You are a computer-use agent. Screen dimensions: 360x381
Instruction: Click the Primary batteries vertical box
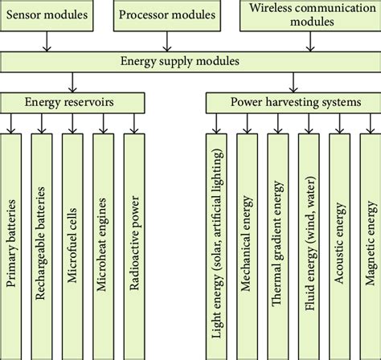[14, 241]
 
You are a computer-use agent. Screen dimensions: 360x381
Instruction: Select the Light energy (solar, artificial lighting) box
[217, 241]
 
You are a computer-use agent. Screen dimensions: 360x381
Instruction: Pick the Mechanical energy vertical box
[248, 241]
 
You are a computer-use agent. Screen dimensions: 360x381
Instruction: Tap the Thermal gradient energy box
[279, 241]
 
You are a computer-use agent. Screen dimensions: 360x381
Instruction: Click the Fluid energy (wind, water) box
[309, 241]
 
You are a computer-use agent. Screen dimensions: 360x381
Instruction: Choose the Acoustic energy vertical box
[339, 241]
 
